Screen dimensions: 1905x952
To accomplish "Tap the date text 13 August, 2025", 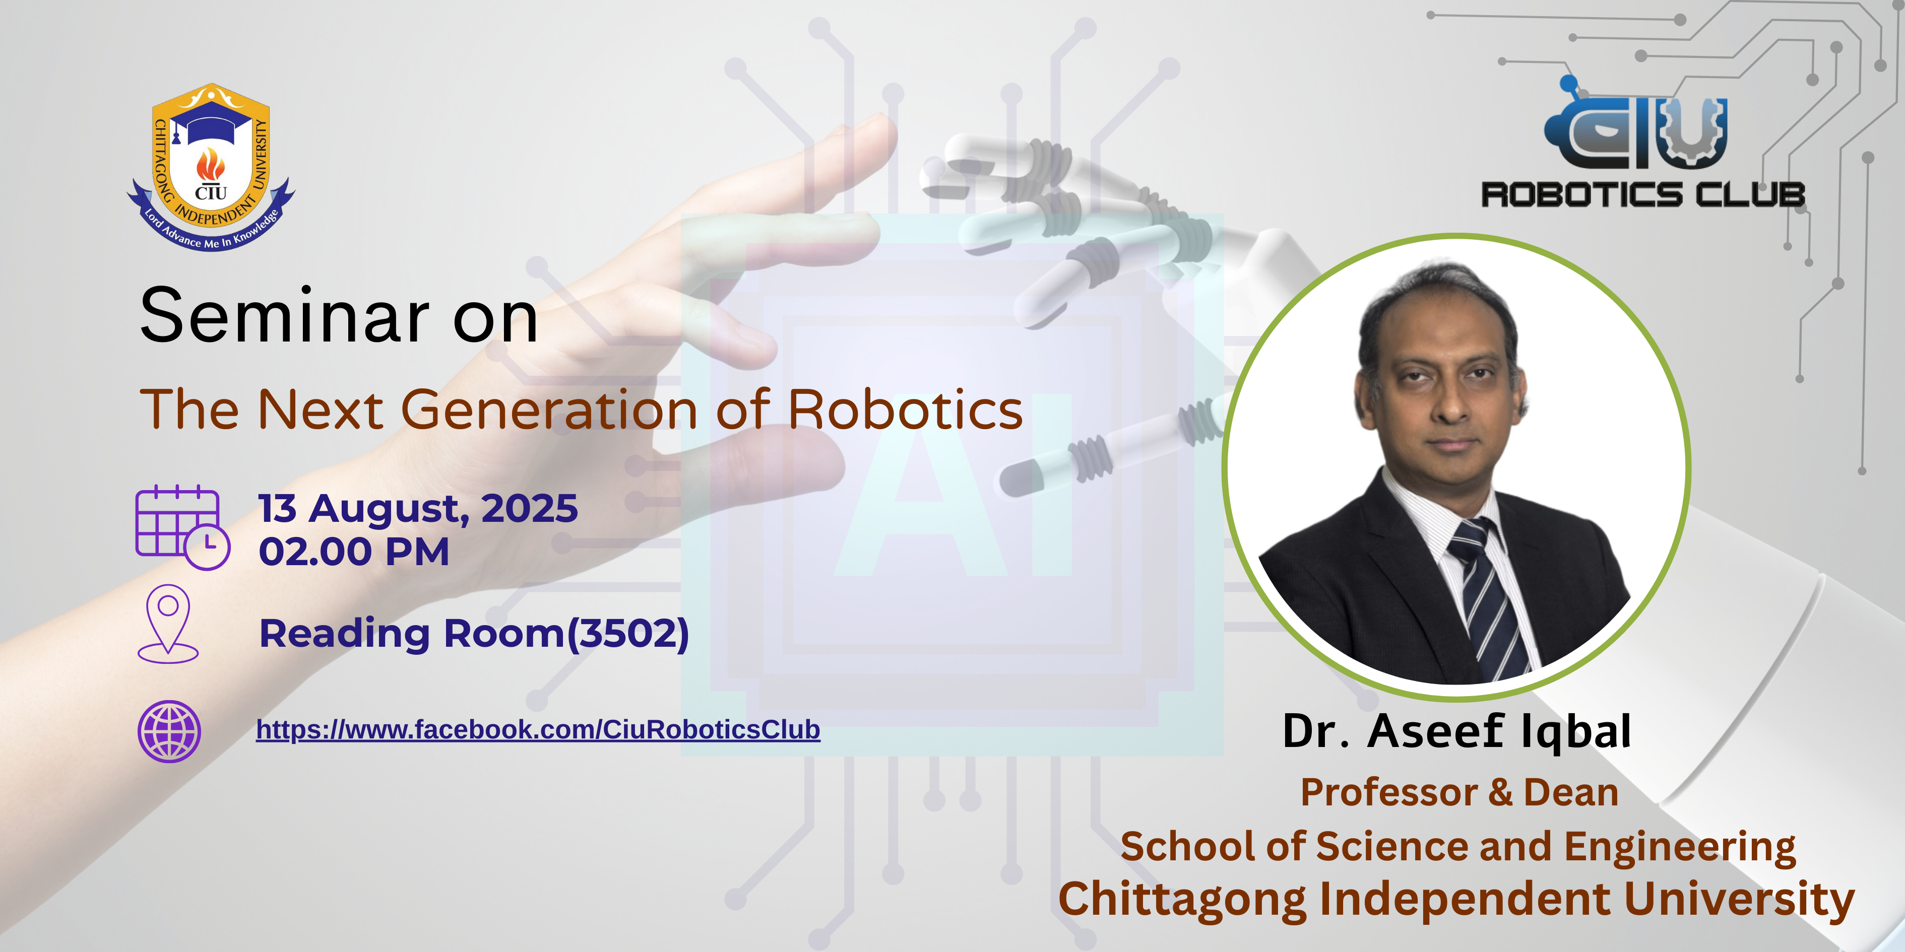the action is pyautogui.click(x=418, y=509).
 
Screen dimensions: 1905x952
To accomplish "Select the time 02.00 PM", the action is pyautogui.click(x=353, y=552).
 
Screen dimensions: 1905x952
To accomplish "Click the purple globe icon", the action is pyautogui.click(x=169, y=731).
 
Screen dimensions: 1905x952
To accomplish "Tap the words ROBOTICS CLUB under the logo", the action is pyautogui.click(x=1642, y=194).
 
